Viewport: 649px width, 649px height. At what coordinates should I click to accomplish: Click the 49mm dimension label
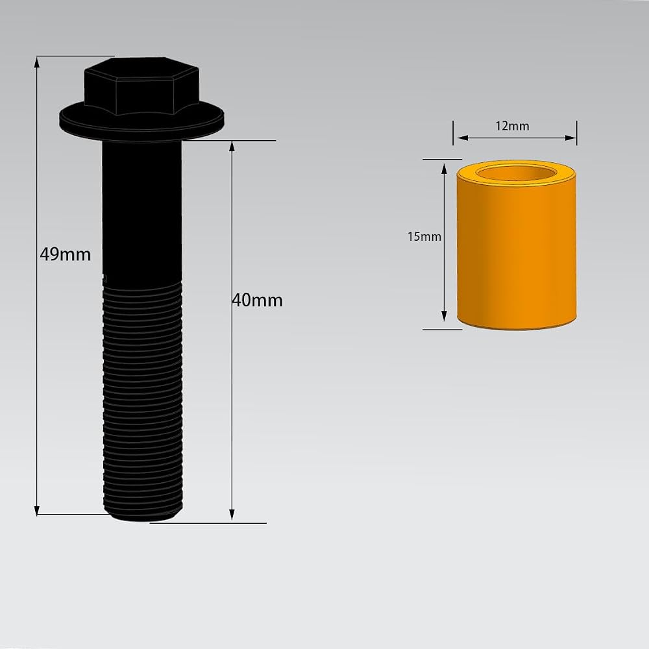point(66,254)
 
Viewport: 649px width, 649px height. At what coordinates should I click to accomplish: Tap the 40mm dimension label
point(258,300)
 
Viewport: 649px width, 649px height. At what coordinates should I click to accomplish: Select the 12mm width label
point(513,126)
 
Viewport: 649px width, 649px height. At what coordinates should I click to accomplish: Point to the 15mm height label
point(424,236)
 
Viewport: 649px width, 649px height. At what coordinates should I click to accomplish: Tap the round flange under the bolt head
point(141,121)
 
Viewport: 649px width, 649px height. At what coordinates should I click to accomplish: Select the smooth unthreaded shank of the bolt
point(142,211)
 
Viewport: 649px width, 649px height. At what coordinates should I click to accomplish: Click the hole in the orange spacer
point(517,173)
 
